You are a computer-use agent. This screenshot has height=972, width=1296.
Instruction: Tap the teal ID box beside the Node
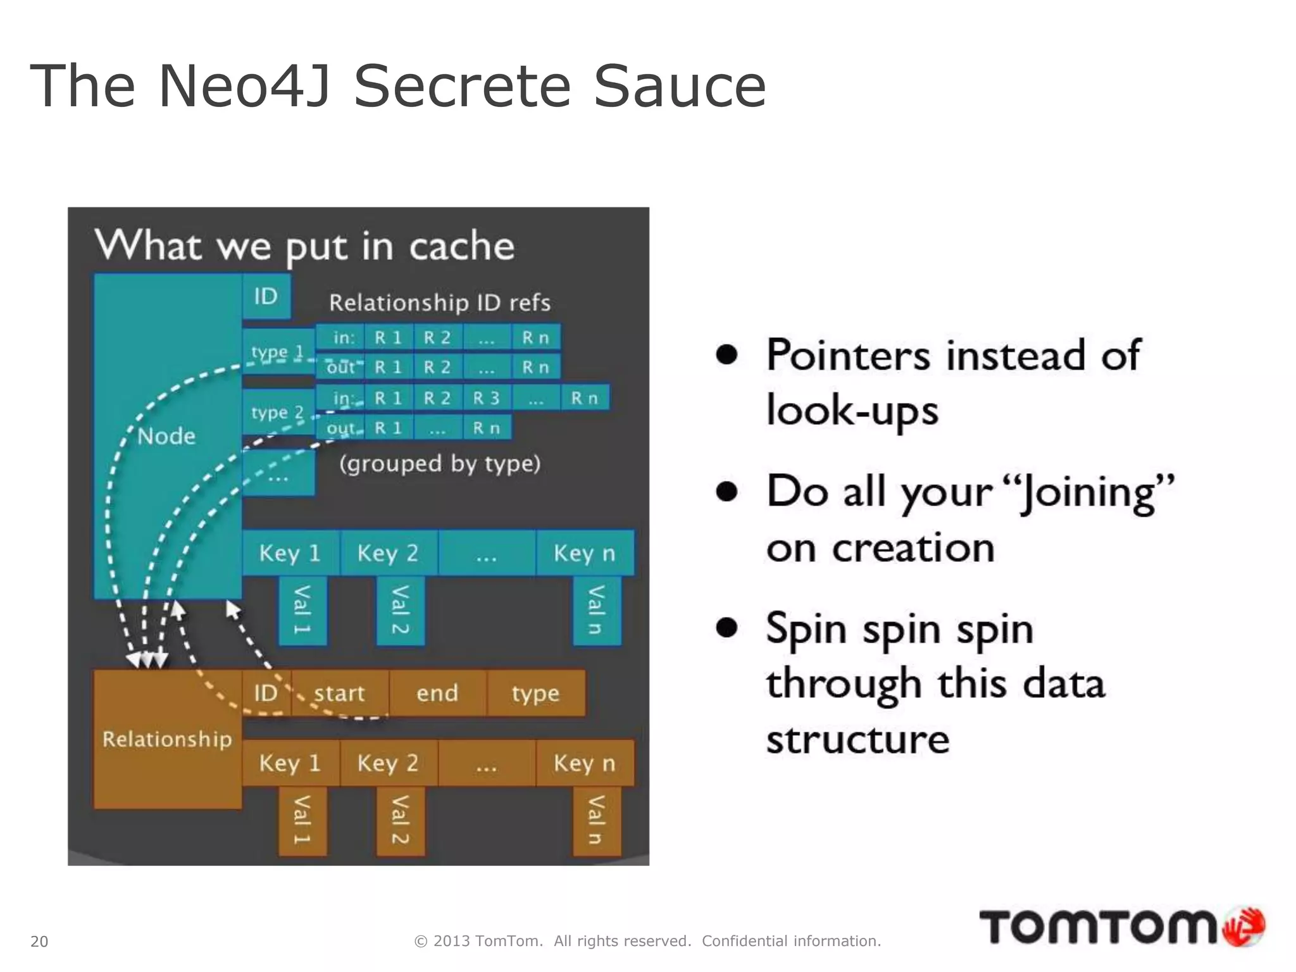(x=266, y=296)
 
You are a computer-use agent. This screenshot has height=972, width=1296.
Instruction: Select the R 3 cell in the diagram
(x=487, y=398)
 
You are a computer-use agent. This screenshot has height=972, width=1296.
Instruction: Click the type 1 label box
(x=278, y=351)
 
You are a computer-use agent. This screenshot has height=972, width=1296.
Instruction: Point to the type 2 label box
(x=278, y=412)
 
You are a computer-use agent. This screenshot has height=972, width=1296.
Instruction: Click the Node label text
(x=166, y=436)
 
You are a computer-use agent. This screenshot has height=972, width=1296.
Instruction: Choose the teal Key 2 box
(x=388, y=553)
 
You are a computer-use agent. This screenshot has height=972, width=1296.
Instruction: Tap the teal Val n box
(x=596, y=610)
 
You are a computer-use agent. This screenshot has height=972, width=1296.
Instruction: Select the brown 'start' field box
(x=340, y=693)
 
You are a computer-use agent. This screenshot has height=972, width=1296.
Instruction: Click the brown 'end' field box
(x=437, y=693)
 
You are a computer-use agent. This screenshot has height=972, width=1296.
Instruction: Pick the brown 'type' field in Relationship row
(x=536, y=693)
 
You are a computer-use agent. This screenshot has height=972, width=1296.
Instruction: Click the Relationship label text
(x=167, y=739)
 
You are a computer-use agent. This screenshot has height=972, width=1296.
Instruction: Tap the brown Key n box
(x=585, y=763)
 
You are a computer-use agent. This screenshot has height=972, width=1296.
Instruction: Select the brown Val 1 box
(x=302, y=820)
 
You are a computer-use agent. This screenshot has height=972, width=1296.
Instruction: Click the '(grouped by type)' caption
(x=440, y=464)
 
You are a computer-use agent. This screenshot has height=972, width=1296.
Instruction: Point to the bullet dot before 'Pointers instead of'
(x=727, y=355)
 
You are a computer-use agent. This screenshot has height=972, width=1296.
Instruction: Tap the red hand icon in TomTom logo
(x=1244, y=927)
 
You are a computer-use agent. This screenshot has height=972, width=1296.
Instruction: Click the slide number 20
(x=39, y=942)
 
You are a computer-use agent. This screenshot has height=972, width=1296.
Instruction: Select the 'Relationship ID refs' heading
(x=440, y=302)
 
